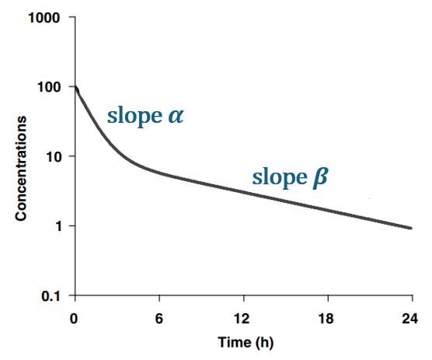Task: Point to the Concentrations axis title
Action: click(x=22, y=168)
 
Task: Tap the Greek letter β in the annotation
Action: click(x=319, y=178)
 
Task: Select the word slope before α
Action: click(x=134, y=117)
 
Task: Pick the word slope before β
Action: click(x=278, y=178)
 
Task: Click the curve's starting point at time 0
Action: click(x=75, y=87)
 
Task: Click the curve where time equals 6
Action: click(x=159, y=172)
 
